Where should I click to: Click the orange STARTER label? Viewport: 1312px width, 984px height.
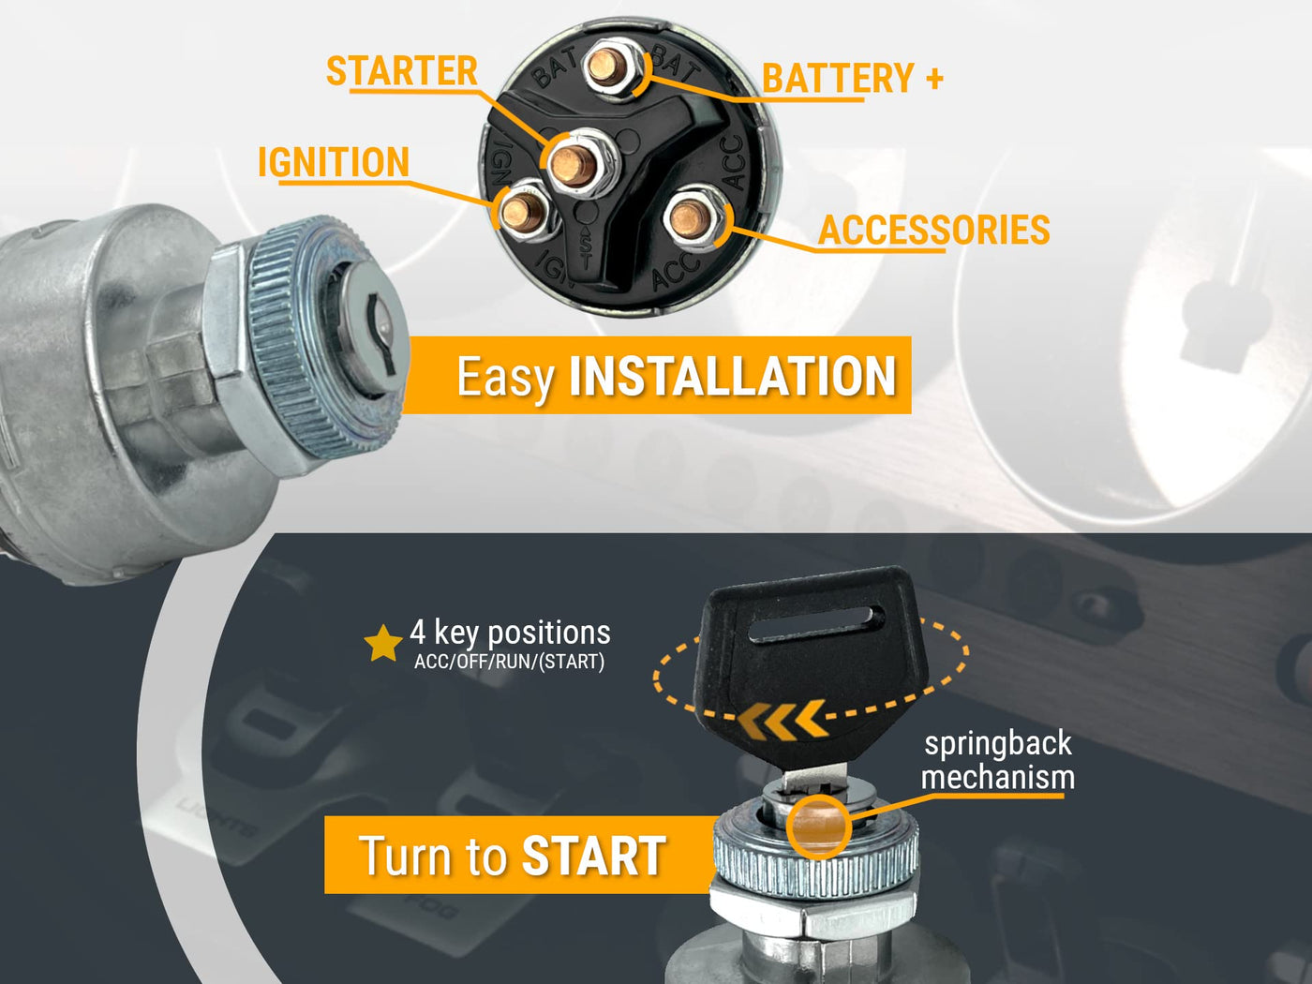[402, 70]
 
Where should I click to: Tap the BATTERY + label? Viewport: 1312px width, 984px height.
[853, 78]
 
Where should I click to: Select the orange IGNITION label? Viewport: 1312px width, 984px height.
[334, 162]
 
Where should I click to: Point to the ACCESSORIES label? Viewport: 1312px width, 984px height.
[933, 230]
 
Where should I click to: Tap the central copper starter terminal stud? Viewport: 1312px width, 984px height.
[574, 164]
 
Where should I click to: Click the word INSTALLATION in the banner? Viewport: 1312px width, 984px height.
[733, 377]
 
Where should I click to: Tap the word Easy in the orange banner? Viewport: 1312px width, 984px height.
[506, 379]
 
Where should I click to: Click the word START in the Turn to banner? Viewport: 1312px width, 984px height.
[594, 857]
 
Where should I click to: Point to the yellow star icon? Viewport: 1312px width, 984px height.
[383, 644]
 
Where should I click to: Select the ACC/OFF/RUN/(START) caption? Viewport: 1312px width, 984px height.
[509, 663]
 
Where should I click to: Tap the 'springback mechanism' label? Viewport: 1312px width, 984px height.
[998, 761]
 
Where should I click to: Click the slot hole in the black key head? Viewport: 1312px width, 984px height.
[816, 625]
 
